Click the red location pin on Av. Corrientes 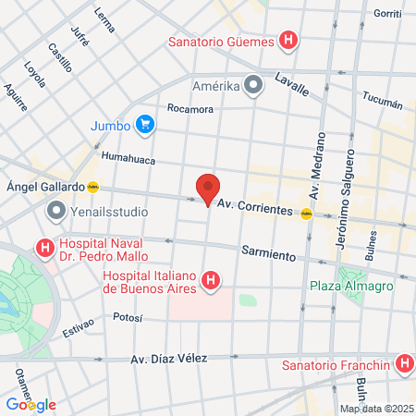(x=208, y=189)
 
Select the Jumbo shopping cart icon (x=143, y=123)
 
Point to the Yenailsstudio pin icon (x=55, y=213)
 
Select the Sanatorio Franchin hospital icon (x=403, y=364)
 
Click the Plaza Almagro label (x=351, y=286)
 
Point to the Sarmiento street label (x=267, y=251)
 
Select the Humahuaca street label (x=125, y=158)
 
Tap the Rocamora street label (x=190, y=108)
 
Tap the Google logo (x=31, y=404)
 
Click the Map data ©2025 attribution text (x=375, y=409)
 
